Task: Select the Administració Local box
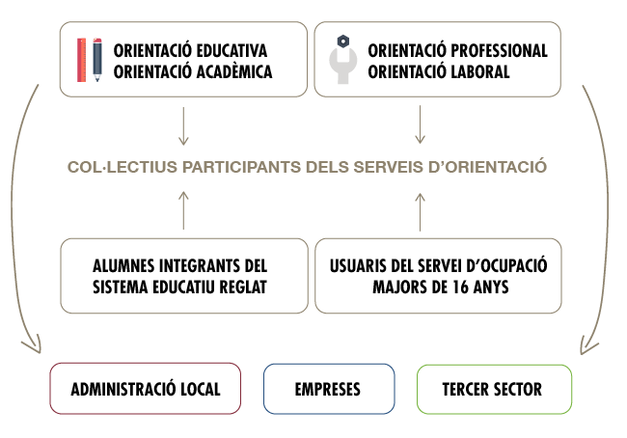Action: [146, 390]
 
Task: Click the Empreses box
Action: [328, 390]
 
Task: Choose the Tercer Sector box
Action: [492, 390]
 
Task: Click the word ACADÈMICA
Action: [232, 71]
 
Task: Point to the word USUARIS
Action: [362, 264]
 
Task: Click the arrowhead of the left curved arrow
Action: [35, 344]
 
